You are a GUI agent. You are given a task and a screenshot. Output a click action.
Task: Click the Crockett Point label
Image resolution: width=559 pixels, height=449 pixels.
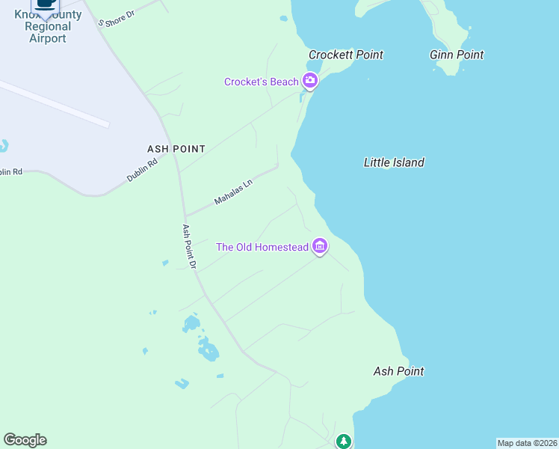[x=346, y=55]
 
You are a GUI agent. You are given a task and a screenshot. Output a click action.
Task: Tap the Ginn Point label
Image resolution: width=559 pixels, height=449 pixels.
[x=457, y=55]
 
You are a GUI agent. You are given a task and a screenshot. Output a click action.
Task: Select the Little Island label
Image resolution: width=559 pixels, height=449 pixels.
[x=394, y=162]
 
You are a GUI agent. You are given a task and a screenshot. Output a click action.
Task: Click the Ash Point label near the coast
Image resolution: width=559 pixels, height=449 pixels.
[x=398, y=371]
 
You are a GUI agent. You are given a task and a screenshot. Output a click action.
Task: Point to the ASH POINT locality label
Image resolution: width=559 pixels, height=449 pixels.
[x=178, y=149]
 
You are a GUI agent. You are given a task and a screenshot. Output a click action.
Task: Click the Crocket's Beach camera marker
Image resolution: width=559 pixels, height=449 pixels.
[x=310, y=82]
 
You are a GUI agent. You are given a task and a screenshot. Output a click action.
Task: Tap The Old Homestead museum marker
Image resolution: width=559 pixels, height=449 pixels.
[x=320, y=246]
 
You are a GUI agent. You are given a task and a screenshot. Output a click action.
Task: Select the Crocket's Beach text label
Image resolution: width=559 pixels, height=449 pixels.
[x=262, y=82]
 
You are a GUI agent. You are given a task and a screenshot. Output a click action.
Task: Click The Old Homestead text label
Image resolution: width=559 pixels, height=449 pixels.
[x=262, y=247]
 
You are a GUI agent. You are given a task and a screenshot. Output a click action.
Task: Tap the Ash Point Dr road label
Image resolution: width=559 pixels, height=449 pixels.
[x=189, y=246]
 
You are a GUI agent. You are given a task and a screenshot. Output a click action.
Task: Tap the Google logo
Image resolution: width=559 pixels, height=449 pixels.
[x=25, y=440]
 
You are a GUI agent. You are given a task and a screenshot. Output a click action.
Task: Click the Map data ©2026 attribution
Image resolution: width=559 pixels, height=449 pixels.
[x=527, y=443]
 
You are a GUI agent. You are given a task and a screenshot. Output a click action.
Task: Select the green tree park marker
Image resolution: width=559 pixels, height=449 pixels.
[x=343, y=442]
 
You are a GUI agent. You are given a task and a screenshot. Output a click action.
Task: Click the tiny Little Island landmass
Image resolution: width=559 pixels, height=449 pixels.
[x=386, y=169]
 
